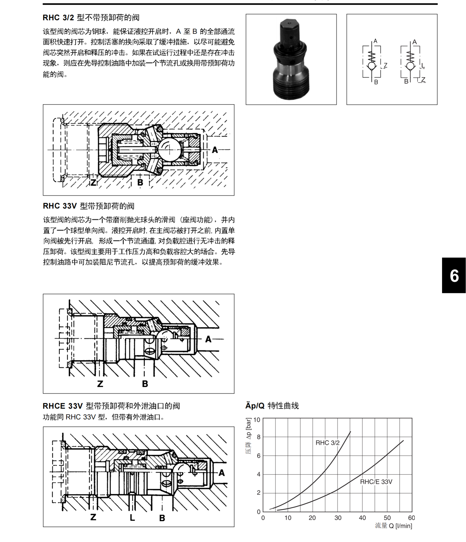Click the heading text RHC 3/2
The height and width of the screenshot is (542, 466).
pyautogui.click(x=58, y=18)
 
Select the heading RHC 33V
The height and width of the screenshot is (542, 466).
pyautogui.click(x=59, y=206)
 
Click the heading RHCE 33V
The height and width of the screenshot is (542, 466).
pyautogui.click(x=63, y=406)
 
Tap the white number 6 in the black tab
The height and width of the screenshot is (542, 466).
pyautogui.click(x=454, y=276)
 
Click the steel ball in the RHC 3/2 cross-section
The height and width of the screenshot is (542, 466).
pyautogui.click(x=169, y=150)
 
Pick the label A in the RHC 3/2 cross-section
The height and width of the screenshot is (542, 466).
pyautogui.click(x=215, y=150)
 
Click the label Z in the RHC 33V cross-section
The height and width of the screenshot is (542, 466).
pyautogui.click(x=100, y=384)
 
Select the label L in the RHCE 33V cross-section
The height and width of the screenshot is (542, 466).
pyautogui.click(x=132, y=517)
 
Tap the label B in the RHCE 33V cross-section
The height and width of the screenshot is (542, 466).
pyautogui.click(x=162, y=518)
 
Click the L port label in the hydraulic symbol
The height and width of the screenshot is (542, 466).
pyautogui.click(x=423, y=66)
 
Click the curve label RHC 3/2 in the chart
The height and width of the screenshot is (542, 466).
pyautogui.click(x=327, y=443)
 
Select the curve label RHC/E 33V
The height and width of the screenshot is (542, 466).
pyautogui.click(x=376, y=482)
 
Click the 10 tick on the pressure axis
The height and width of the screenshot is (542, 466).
pyautogui.click(x=257, y=420)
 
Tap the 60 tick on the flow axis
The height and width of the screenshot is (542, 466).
pyautogui.click(x=411, y=518)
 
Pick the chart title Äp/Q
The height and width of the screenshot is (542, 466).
pyautogui.click(x=255, y=406)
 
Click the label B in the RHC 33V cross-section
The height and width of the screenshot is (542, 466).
pyautogui.click(x=145, y=384)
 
